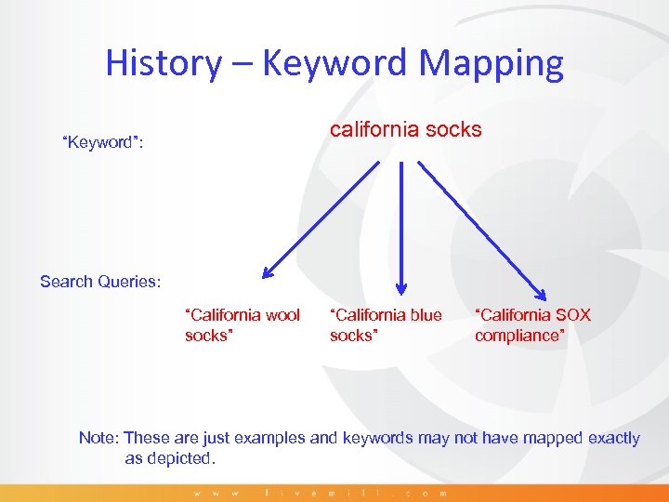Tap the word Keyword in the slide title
336,63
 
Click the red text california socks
406,129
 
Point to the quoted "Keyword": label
101,142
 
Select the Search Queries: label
100,281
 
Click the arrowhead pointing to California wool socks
268,273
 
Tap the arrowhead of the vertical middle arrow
401,287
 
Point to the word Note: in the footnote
98,437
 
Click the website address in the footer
321,493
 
